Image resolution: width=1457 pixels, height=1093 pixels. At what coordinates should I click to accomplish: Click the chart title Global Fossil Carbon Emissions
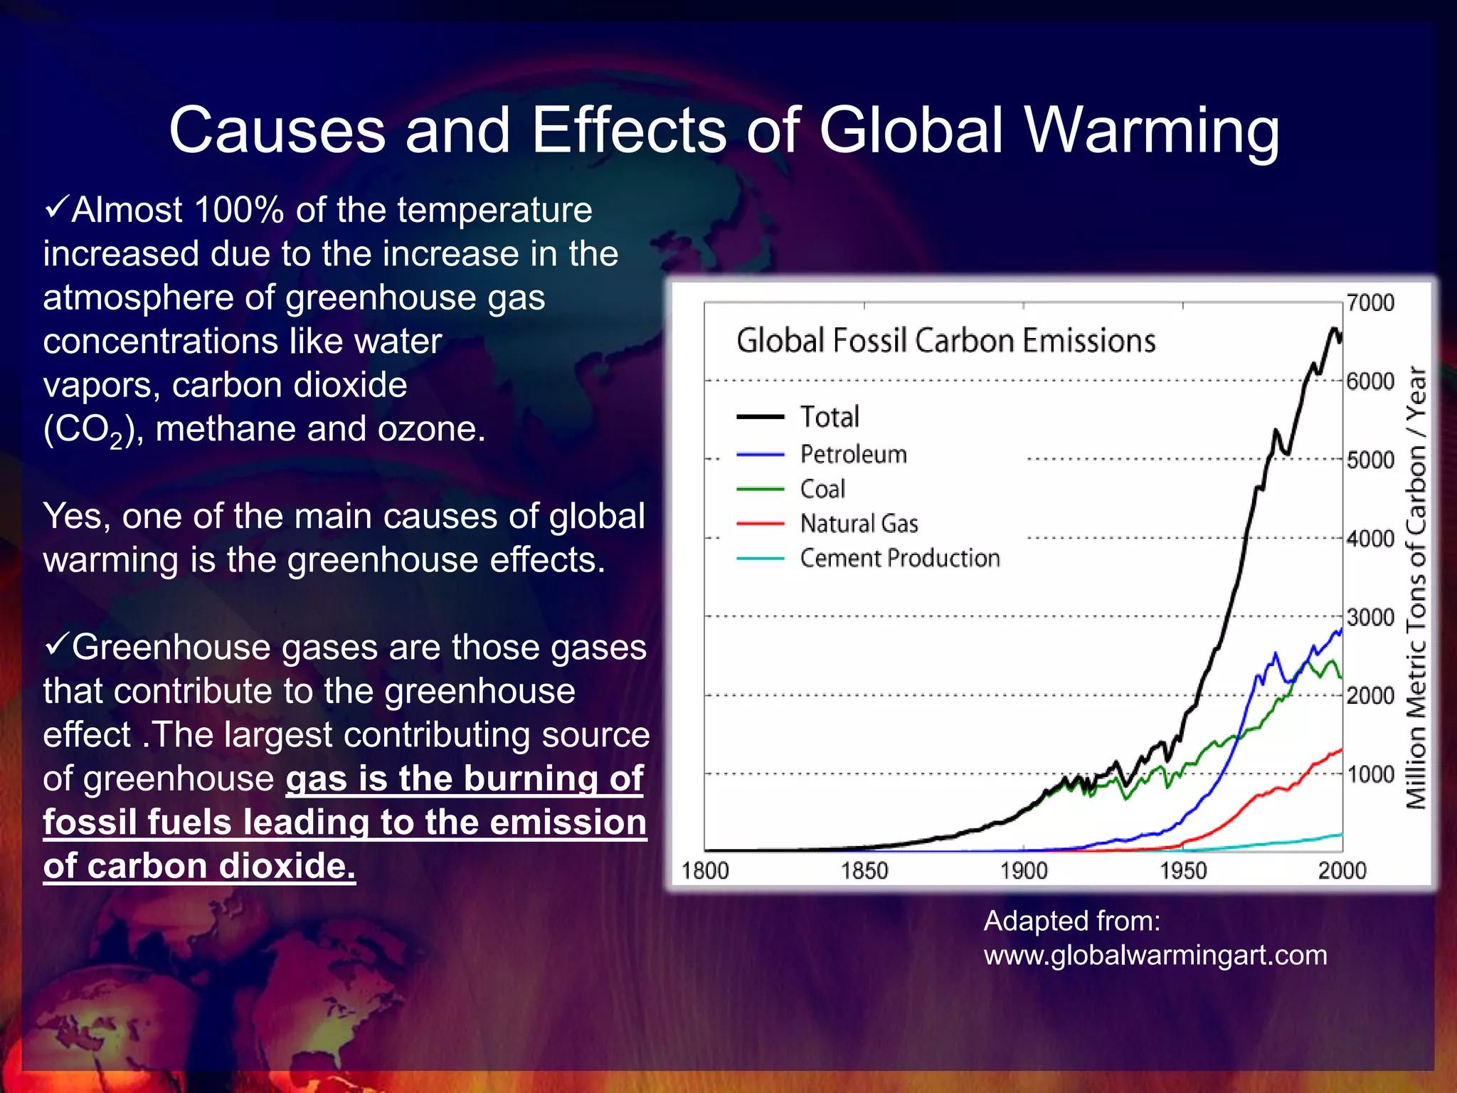945,341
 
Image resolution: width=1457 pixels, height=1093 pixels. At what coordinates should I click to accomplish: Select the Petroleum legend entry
853,454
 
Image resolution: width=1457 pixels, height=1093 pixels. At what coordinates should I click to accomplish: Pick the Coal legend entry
822,489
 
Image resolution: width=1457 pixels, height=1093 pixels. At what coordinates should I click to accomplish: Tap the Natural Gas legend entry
859,524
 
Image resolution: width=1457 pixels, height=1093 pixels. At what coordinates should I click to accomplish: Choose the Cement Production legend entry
899,559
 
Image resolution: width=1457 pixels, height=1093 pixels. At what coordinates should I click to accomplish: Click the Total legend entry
830,417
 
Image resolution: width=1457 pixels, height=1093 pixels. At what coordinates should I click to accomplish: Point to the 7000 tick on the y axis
1370,303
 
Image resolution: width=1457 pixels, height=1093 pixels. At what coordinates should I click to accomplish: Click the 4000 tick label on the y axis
1370,539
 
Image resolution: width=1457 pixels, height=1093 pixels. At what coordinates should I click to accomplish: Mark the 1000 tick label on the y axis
1370,774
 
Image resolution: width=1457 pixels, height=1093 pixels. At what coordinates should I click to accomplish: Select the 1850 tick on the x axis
864,870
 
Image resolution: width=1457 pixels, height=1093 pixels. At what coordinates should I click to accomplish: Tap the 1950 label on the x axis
1183,870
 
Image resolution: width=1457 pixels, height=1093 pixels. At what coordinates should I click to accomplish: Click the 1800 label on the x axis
705,870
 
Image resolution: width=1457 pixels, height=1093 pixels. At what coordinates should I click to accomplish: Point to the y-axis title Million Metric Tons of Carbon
1416,588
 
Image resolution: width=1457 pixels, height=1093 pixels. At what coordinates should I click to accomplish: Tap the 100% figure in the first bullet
239,210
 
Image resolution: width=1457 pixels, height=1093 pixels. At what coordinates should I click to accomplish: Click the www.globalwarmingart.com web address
1155,955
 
